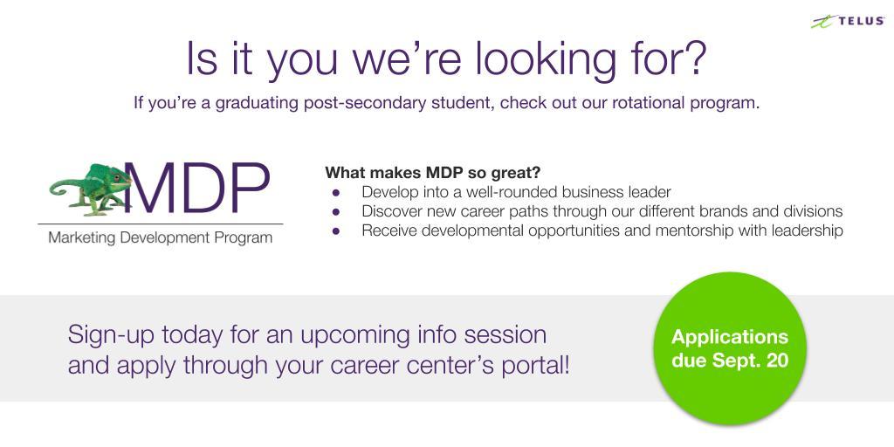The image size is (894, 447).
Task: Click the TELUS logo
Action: coord(849,22)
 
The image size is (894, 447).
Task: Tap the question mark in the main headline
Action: coord(693,58)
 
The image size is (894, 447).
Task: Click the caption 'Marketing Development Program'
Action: coord(161,237)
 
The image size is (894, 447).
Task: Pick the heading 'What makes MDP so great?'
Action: coord(433,172)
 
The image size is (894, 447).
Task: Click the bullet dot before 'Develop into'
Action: coord(336,192)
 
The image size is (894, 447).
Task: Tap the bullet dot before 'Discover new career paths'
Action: coord(336,211)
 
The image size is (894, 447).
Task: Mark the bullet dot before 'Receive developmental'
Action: coord(336,230)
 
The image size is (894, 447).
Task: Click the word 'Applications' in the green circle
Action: coord(730,336)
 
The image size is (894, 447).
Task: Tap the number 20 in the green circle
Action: coord(778,361)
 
